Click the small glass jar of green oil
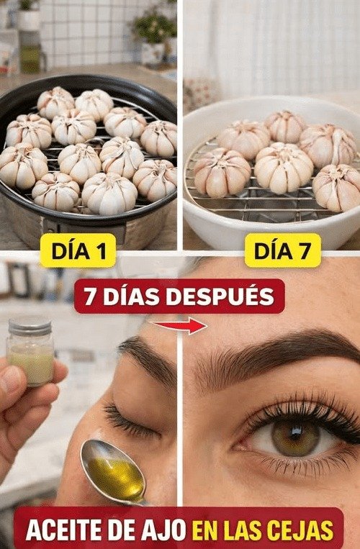tap(30, 353)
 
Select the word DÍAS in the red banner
tap(134, 296)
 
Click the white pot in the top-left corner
tap(29, 17)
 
